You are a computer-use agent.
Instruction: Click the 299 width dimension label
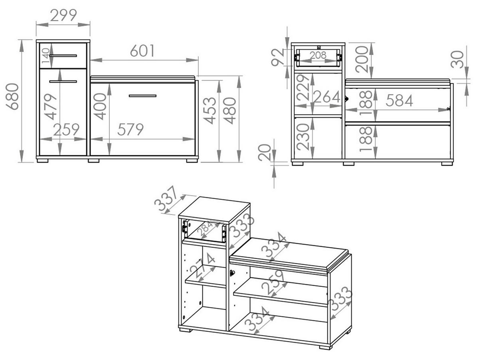pyautogui.click(x=63, y=15)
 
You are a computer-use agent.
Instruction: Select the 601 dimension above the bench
pyautogui.click(x=143, y=51)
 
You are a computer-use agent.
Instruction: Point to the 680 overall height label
pyautogui.click(x=12, y=96)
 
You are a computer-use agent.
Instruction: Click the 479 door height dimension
pyautogui.click(x=51, y=107)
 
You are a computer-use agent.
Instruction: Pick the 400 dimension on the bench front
pyautogui.click(x=100, y=106)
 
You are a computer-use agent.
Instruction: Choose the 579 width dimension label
pyautogui.click(x=131, y=129)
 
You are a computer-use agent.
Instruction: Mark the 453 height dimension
pyautogui.click(x=211, y=111)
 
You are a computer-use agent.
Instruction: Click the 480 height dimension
pyautogui.click(x=231, y=111)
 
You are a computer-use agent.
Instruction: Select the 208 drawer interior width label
pyautogui.click(x=318, y=56)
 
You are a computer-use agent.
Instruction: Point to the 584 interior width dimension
pyautogui.click(x=399, y=101)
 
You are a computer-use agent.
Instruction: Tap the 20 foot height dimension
pyautogui.click(x=264, y=153)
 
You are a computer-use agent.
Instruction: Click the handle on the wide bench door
pyautogui.click(x=143, y=96)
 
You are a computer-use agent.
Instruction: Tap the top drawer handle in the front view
pyautogui.click(x=63, y=55)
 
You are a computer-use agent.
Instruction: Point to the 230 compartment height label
pyautogui.click(x=303, y=137)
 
